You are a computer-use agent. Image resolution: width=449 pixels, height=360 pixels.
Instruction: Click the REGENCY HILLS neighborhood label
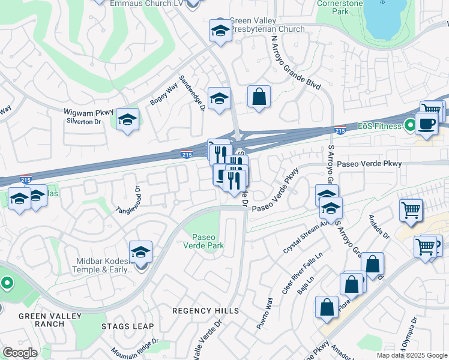(x=205, y=310)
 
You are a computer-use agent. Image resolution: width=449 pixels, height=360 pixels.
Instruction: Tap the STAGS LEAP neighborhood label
(x=127, y=326)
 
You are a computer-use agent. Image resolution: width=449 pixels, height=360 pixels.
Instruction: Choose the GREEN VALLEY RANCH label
(x=41, y=320)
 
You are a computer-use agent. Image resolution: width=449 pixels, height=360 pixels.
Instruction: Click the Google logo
(x=20, y=352)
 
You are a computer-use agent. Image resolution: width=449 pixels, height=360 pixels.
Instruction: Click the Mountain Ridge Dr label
(x=134, y=348)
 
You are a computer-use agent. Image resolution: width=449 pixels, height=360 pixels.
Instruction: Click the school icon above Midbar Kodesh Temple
(x=140, y=251)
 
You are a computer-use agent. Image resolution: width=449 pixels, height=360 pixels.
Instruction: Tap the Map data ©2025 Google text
(x=412, y=355)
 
